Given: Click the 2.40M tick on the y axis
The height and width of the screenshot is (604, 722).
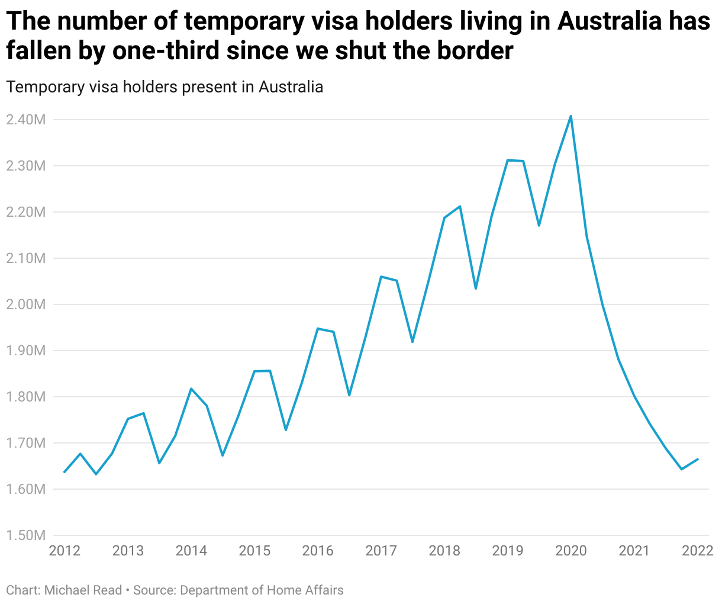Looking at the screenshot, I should click(x=25, y=120).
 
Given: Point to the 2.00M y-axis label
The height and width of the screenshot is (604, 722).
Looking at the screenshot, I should click(x=25, y=304).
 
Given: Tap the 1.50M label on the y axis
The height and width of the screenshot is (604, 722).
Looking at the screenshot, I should click(x=25, y=535).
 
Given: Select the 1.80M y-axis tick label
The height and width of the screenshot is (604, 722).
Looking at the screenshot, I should click(x=25, y=397).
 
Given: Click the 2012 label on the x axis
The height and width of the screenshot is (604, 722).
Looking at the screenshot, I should click(x=65, y=551).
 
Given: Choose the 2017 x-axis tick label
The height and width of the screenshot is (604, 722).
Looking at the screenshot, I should click(x=381, y=551).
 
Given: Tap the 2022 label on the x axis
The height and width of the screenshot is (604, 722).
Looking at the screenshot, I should click(x=698, y=551).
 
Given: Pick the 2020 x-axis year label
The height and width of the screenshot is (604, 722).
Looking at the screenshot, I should click(x=571, y=551).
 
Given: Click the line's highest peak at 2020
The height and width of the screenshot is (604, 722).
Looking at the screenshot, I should click(x=570, y=116).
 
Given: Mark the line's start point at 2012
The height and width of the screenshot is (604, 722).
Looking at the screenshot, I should click(x=65, y=472).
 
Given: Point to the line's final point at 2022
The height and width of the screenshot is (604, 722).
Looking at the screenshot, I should click(x=698, y=459).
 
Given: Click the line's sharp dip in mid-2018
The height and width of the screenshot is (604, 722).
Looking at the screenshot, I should click(x=476, y=288).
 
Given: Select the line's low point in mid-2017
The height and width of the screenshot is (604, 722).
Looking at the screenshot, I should click(x=412, y=342).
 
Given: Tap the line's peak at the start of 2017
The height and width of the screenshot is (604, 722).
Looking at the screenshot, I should click(x=381, y=277).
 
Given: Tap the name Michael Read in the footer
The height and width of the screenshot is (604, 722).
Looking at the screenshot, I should click(x=83, y=590).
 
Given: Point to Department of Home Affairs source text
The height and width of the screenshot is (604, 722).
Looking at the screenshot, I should click(x=262, y=590).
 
